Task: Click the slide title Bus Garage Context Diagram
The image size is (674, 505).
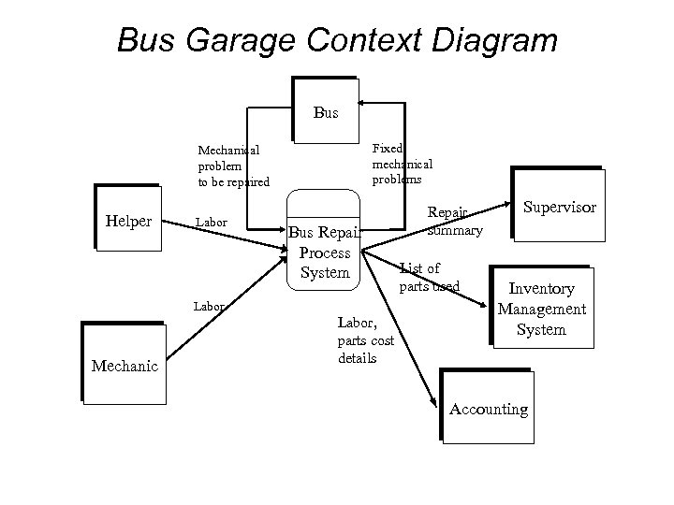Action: tap(337, 40)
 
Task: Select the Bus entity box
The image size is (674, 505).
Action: tap(325, 113)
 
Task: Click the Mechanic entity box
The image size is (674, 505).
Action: tap(124, 365)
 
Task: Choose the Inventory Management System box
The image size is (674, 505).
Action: tap(542, 309)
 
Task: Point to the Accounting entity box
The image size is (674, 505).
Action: tap(488, 409)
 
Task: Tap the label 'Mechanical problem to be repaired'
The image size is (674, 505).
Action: tap(233, 165)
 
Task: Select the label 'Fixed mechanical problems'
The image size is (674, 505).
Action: tap(402, 164)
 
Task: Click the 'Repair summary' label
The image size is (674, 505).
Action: tap(454, 221)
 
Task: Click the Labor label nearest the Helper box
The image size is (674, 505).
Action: tap(211, 223)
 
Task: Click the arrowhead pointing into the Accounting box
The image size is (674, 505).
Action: tap(433, 402)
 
